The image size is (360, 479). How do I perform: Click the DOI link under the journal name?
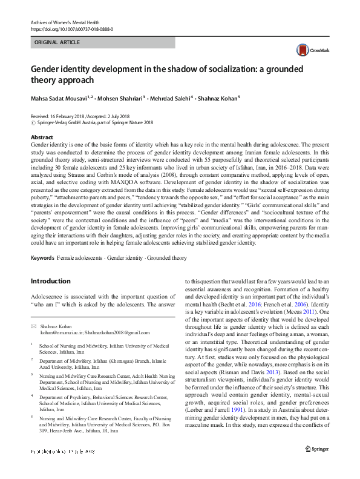pos(71,29)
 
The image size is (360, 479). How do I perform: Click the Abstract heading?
pos(42,138)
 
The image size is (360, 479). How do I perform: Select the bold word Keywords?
pos(42,258)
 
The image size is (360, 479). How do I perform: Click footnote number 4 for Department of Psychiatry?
pos(32,397)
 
